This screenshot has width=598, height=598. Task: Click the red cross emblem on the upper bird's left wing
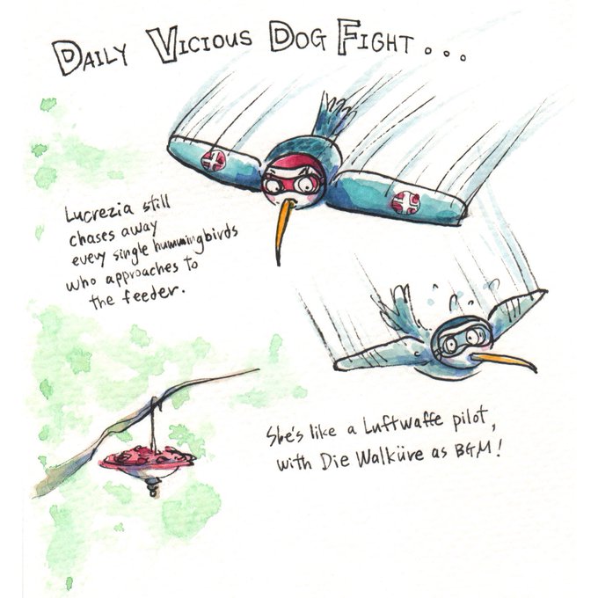point(214,159)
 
